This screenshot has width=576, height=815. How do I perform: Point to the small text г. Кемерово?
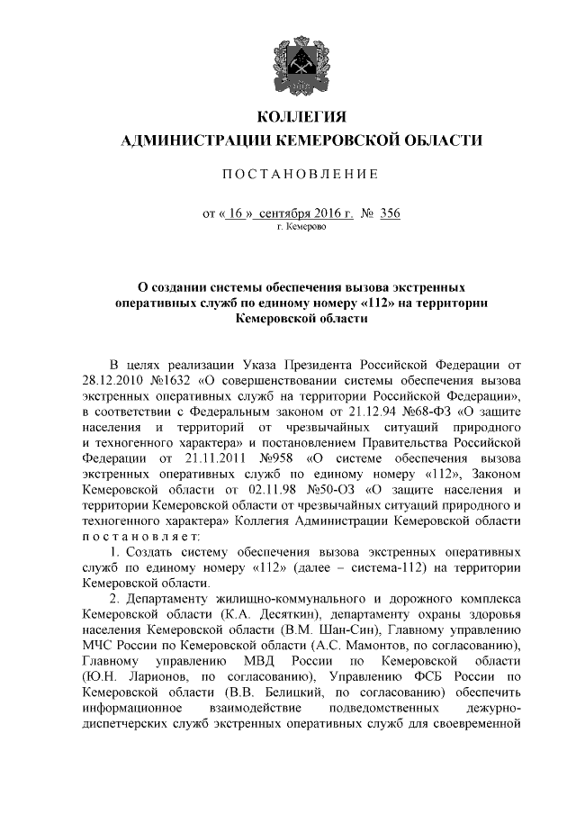[301, 228]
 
